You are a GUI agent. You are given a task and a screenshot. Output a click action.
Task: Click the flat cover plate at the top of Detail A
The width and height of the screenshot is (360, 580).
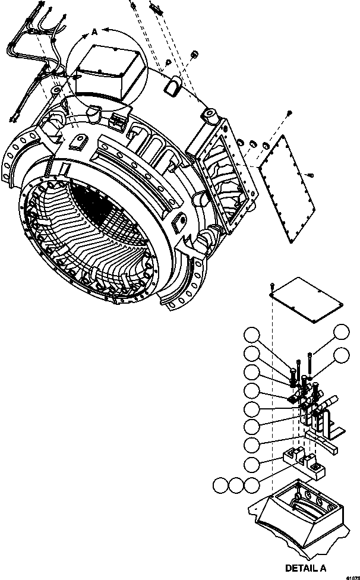click(308, 300)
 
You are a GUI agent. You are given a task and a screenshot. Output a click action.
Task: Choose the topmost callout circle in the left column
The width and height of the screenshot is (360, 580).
click(254, 335)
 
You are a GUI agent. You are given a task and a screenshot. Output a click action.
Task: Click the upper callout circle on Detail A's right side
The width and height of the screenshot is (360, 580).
click(342, 333)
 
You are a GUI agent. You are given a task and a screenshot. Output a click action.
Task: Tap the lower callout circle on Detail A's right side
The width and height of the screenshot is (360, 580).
click(342, 356)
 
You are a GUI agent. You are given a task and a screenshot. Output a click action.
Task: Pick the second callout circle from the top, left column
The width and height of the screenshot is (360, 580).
click(254, 354)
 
